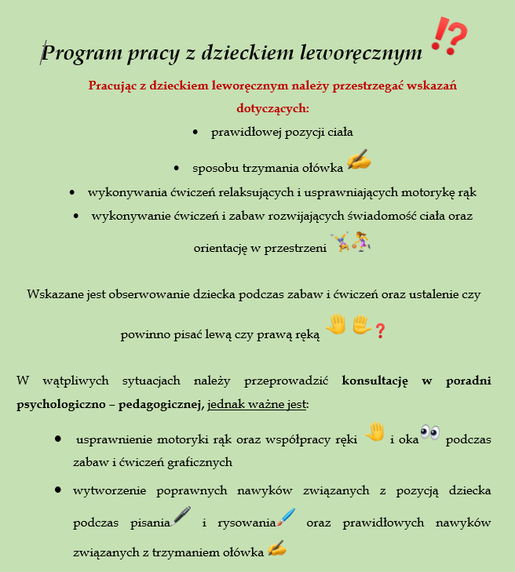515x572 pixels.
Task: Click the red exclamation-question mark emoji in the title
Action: (x=449, y=37)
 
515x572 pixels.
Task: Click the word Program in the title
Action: (x=76, y=53)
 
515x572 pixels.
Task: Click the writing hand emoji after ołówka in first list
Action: (x=358, y=160)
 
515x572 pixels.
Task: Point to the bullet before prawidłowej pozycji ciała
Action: (x=195, y=133)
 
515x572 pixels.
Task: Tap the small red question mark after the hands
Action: (x=380, y=331)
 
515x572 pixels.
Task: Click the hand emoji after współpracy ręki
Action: (x=375, y=432)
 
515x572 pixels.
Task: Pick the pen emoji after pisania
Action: (x=181, y=516)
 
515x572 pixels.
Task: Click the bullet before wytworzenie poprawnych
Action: (x=59, y=490)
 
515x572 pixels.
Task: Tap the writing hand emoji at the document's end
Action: (x=276, y=548)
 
